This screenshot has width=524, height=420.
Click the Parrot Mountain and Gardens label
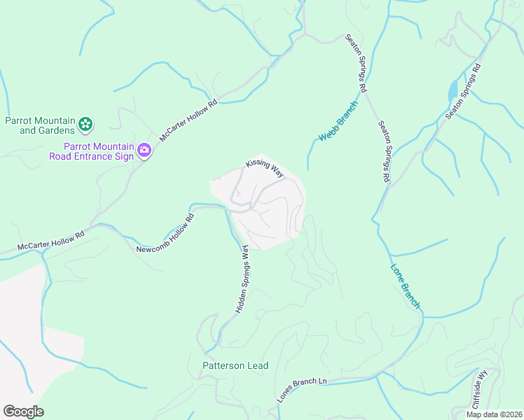[x=40, y=125]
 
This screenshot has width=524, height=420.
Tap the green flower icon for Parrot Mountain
[x=85, y=125]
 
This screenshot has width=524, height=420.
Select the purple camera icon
[x=144, y=150]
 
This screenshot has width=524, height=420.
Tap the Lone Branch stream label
[x=406, y=286]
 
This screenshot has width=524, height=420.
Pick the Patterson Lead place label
[x=235, y=365]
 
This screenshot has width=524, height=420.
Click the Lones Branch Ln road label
[x=302, y=391]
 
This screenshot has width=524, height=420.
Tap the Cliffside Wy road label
[x=479, y=390]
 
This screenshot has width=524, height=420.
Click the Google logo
[x=23, y=412]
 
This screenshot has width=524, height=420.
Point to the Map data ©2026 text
[x=495, y=414]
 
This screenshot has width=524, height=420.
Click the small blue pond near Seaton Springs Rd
[x=453, y=90]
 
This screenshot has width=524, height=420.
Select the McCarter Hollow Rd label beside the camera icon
[x=188, y=120]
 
